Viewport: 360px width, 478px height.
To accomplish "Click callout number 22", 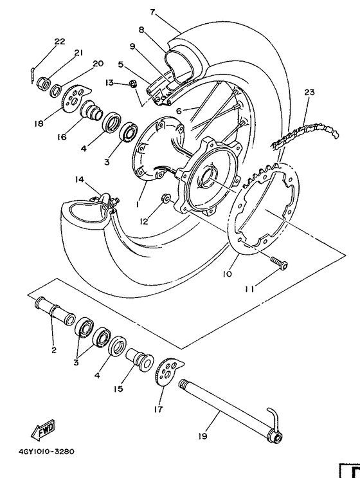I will click(60, 41).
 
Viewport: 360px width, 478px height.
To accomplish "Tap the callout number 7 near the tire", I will click(152, 12).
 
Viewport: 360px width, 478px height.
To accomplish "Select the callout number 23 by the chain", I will click(309, 93).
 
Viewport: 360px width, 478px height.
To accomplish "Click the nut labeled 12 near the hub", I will click(166, 199).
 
